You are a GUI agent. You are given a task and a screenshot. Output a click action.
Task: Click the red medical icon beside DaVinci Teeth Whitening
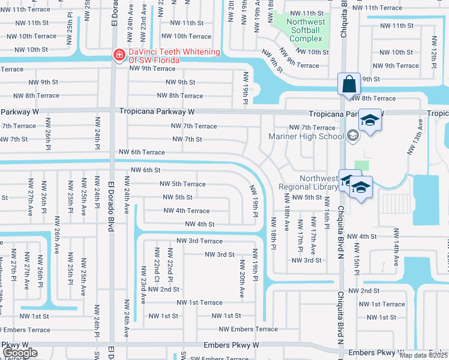(119, 55)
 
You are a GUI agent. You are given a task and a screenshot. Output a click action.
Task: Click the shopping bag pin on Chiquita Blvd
(349, 85)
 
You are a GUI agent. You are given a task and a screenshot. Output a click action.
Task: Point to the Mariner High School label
(306, 136)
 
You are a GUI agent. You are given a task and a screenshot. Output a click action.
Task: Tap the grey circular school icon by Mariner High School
(352, 136)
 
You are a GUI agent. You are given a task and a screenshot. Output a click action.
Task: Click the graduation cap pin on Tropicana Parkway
(370, 121)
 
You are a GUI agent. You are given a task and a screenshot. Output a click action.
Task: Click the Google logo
(20, 353)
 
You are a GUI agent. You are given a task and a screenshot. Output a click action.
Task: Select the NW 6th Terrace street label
(142, 153)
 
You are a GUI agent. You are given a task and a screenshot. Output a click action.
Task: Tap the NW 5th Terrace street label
(182, 184)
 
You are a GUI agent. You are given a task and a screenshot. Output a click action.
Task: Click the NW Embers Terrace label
(248, 329)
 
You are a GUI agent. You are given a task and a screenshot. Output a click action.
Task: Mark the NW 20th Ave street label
(243, 278)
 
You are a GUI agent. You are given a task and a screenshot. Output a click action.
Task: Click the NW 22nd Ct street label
(157, 265)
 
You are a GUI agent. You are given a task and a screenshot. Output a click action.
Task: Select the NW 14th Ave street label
(396, 239)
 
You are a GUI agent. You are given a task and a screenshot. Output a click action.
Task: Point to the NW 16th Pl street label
(327, 218)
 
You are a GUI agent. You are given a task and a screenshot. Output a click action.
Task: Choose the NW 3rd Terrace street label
(199, 241)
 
